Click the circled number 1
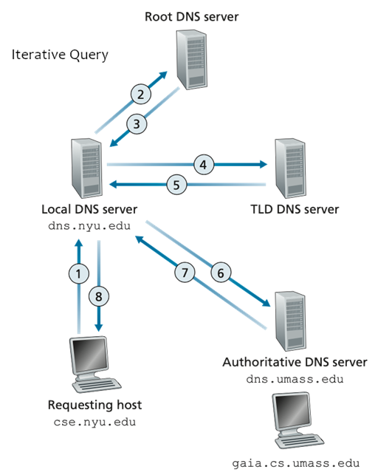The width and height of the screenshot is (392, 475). (x=79, y=273)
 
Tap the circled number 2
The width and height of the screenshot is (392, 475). (x=141, y=95)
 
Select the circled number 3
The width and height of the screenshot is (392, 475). (x=137, y=124)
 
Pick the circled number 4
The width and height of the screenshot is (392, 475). (x=204, y=165)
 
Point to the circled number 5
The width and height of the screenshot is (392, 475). (x=176, y=185)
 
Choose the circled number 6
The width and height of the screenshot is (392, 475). (x=221, y=273)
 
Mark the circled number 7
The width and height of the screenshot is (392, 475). (x=185, y=272)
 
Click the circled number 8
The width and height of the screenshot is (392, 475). (x=99, y=296)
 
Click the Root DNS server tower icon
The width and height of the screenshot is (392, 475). (x=192, y=59)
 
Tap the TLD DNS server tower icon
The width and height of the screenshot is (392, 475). (x=290, y=168)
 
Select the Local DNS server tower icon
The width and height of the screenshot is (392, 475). (x=86, y=168)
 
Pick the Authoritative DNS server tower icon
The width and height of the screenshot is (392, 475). (x=290, y=321)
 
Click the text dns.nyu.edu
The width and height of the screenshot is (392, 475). (x=89, y=226)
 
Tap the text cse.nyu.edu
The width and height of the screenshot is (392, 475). (x=94, y=422)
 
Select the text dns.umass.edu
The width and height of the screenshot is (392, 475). (x=295, y=379)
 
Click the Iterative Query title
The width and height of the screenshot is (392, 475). (x=60, y=55)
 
